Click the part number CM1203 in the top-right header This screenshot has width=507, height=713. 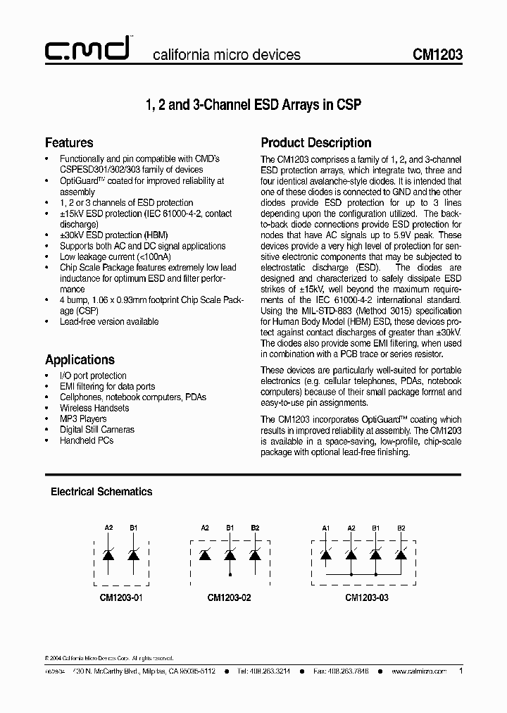point(438,55)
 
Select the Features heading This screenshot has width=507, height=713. point(69,143)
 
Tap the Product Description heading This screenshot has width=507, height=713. point(316,143)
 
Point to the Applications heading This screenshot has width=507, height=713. point(80,359)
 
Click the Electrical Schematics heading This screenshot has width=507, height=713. point(101,492)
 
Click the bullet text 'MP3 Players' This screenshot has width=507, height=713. point(83,418)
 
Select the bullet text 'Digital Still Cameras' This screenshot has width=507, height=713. point(96,429)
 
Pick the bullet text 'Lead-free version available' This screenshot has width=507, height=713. point(108,321)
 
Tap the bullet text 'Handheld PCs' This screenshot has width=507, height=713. point(86,440)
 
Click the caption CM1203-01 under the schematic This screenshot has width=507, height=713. point(120,597)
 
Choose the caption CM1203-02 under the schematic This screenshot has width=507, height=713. point(230,597)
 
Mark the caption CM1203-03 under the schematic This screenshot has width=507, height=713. point(366,597)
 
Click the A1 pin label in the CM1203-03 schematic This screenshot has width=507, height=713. point(325,528)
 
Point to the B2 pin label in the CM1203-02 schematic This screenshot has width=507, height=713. point(255,528)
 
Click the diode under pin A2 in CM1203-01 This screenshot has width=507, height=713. point(108,554)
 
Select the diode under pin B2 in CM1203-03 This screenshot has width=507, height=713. point(401,554)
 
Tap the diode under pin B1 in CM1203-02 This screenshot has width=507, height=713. point(230,554)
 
